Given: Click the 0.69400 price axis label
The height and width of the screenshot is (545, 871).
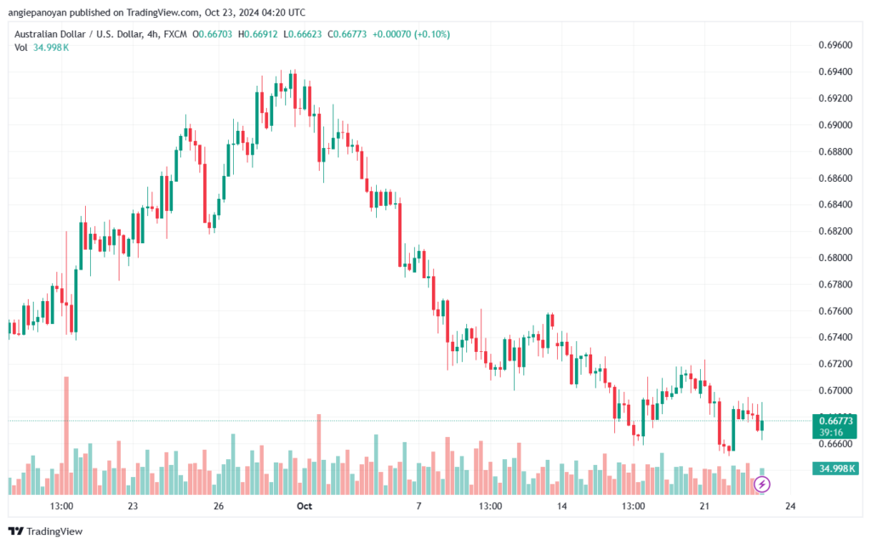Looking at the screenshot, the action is [835, 71].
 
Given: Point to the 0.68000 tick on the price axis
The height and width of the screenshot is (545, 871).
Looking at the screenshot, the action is [835, 258].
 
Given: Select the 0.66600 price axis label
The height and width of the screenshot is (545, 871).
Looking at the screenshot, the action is [835, 444].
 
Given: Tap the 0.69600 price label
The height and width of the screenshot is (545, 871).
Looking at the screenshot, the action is [835, 45].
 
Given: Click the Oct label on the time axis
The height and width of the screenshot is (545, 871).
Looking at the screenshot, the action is [305, 506].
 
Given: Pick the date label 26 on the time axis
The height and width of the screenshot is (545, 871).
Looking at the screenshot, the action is [219, 506].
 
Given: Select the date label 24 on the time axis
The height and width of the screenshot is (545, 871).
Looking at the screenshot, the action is [790, 506].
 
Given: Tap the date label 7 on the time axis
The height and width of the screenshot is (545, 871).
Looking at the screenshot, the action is [418, 506].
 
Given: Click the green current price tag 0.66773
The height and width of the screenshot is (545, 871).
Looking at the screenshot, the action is [834, 426].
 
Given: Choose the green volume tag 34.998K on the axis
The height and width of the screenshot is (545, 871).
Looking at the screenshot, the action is [834, 469].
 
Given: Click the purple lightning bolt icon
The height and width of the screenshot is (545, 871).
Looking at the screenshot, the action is [761, 485].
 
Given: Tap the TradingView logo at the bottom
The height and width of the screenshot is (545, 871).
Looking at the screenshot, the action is [46, 531].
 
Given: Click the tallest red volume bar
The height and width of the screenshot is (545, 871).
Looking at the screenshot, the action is [66, 435].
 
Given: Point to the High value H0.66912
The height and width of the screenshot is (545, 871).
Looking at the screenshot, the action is [258, 34].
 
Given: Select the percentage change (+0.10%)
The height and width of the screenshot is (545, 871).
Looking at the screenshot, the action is [431, 34].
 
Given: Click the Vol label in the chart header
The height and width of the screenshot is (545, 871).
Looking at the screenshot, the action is [21, 48].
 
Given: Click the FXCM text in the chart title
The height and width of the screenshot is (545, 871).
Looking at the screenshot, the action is [175, 34].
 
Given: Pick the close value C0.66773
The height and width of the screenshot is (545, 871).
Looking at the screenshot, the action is [347, 34].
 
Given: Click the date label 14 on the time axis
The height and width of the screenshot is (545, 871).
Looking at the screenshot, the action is [561, 506].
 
